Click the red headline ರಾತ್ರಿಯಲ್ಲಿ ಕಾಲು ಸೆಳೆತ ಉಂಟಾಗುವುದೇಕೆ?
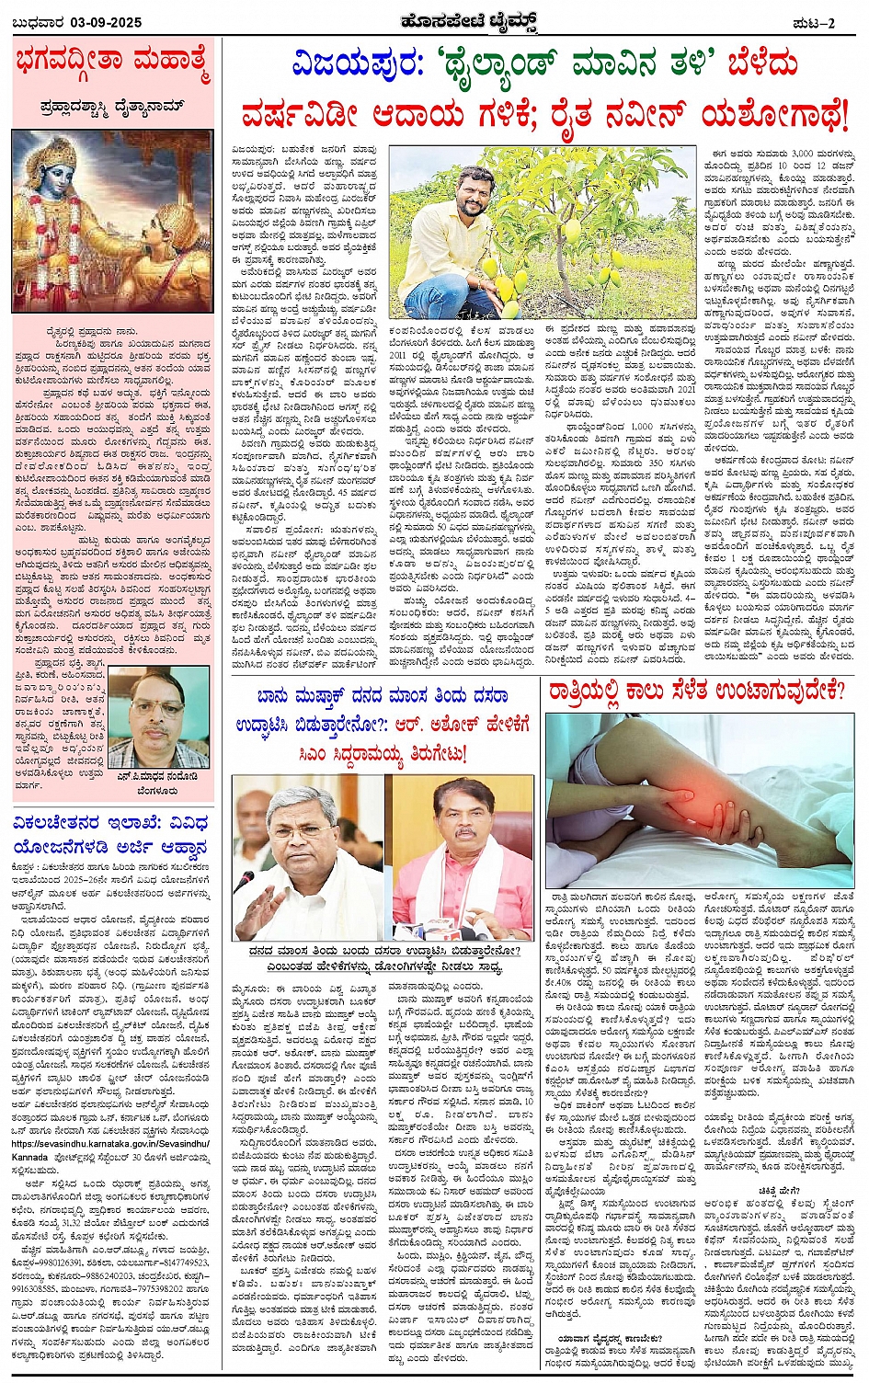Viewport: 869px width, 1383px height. (696, 691)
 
